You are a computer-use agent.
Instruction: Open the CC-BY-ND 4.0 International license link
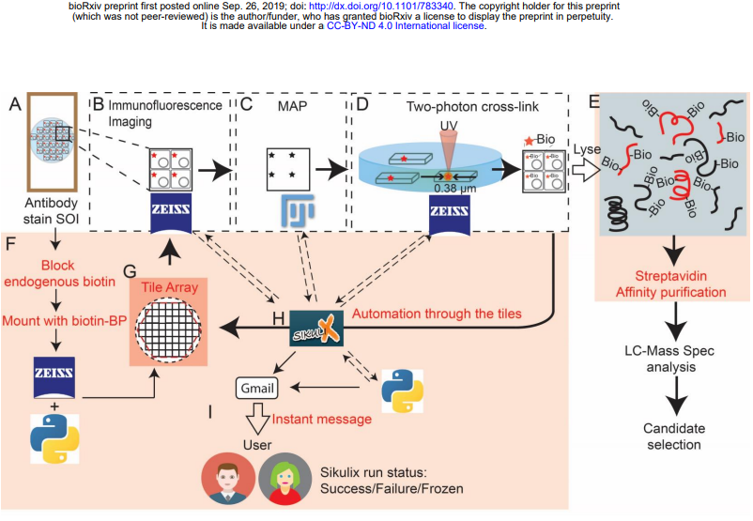point(406,25)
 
